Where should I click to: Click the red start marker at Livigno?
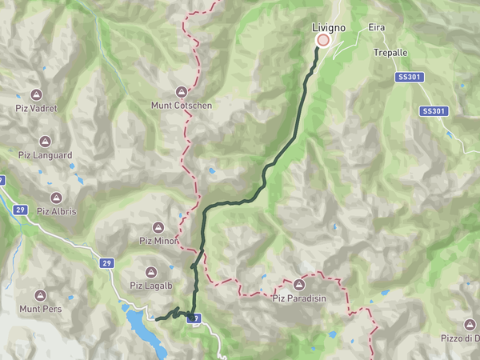coord(323,40)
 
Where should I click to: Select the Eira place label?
coord(377,28)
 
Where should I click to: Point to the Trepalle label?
coord(390,52)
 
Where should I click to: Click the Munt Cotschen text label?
coord(182,105)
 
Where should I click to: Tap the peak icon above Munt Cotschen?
coord(182,92)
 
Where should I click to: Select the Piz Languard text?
coord(45,156)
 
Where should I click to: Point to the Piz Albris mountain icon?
coord(56,198)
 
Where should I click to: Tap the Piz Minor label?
coord(158,240)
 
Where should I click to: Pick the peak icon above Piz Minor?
coord(158,227)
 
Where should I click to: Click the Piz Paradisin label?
coord(299,298)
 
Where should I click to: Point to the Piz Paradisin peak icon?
coord(299,285)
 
